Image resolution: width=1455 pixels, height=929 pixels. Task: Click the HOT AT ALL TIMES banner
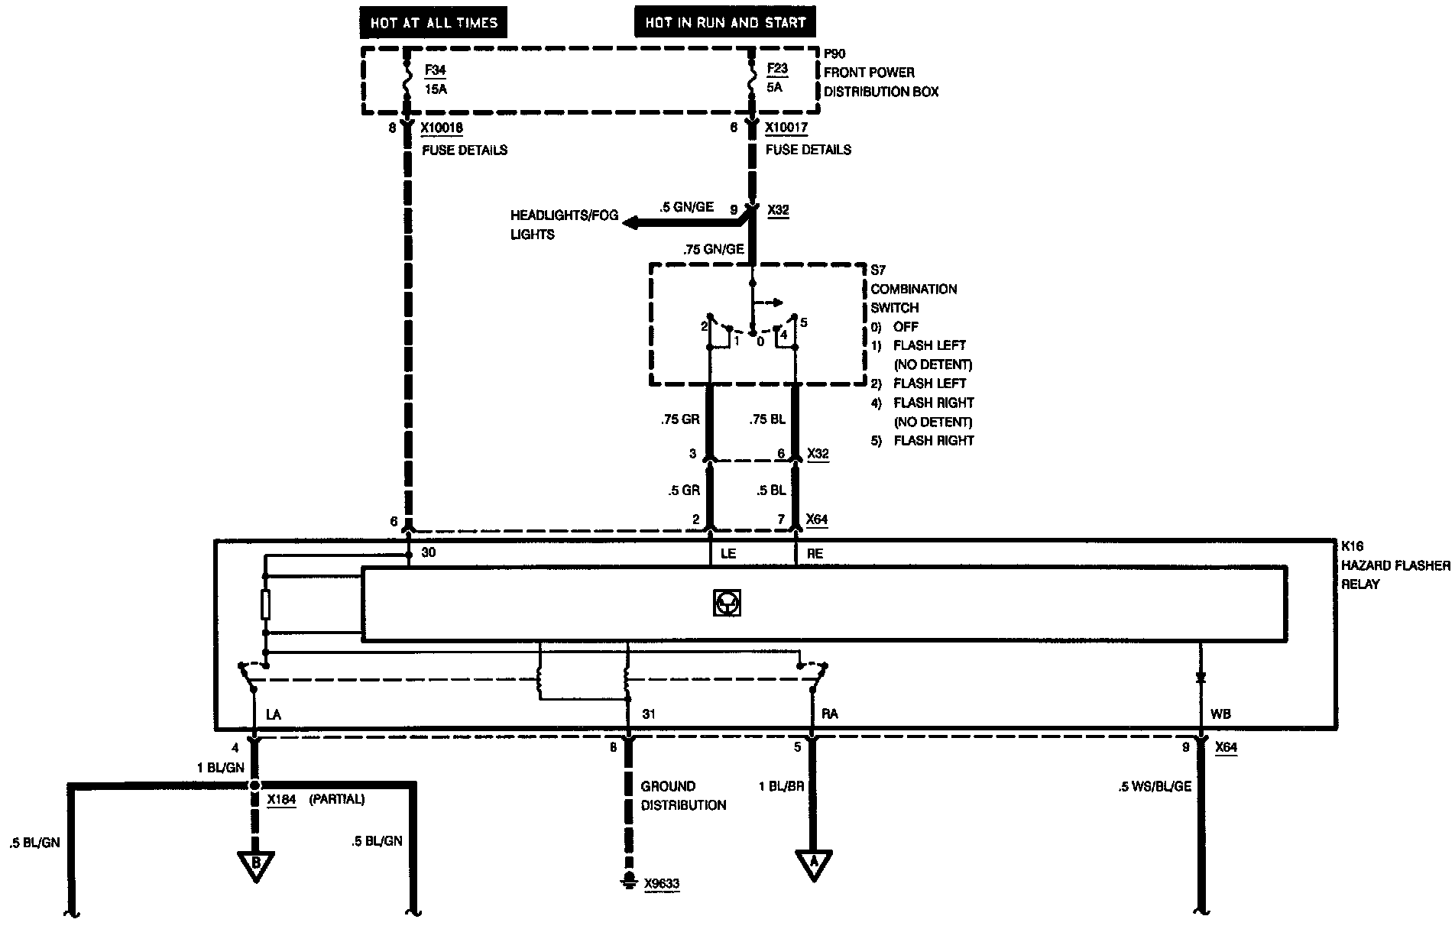[433, 23]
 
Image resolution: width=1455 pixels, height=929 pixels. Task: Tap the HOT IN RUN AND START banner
[724, 23]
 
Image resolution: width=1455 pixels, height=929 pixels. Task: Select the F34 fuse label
[435, 70]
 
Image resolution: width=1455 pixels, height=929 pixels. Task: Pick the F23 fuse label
[776, 68]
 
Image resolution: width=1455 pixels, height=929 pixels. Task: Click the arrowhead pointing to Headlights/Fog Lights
[631, 223]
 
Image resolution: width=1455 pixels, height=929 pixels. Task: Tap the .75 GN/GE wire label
[714, 248]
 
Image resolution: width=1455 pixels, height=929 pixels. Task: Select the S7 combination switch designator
[879, 270]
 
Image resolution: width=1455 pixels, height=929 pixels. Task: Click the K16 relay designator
[1352, 547]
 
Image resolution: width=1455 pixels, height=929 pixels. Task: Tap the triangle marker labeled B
[256, 863]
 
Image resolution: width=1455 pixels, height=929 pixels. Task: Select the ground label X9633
[662, 885]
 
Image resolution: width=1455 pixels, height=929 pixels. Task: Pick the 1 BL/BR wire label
[781, 786]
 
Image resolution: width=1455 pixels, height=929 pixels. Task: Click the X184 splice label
[281, 800]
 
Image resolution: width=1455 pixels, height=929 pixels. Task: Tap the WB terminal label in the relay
[1220, 714]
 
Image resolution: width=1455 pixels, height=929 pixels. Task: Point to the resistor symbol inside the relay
[265, 604]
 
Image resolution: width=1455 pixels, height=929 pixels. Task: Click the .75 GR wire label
[680, 419]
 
